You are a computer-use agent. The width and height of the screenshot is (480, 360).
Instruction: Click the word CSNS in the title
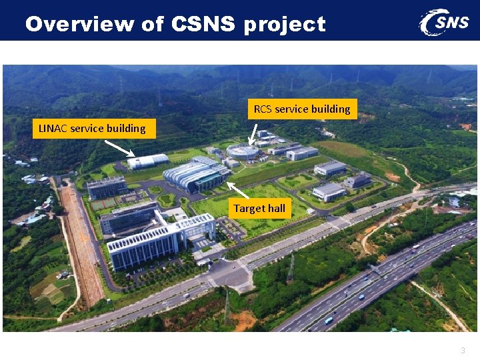pos(204,25)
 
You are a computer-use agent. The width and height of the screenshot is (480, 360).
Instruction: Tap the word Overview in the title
pos(80,25)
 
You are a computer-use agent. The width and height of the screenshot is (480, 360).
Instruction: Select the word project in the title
pos(285,25)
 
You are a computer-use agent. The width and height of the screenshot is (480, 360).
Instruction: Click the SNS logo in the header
pos(444,22)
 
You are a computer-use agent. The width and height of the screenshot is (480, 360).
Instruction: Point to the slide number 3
pos(462,350)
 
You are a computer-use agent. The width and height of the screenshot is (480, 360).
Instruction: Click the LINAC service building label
pos(93,129)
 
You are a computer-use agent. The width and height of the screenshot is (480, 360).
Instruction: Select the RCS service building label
pos(302,109)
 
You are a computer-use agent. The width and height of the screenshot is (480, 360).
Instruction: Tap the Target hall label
pos(259,209)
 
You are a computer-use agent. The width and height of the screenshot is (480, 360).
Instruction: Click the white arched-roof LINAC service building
pos(149,161)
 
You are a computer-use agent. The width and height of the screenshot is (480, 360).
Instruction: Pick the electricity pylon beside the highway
pos(291,267)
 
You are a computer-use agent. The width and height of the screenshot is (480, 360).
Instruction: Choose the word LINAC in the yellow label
pos(53,129)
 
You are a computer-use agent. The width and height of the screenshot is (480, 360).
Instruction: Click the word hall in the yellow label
pos(276,209)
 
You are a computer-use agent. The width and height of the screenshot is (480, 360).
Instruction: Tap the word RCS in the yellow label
pos(263,109)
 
